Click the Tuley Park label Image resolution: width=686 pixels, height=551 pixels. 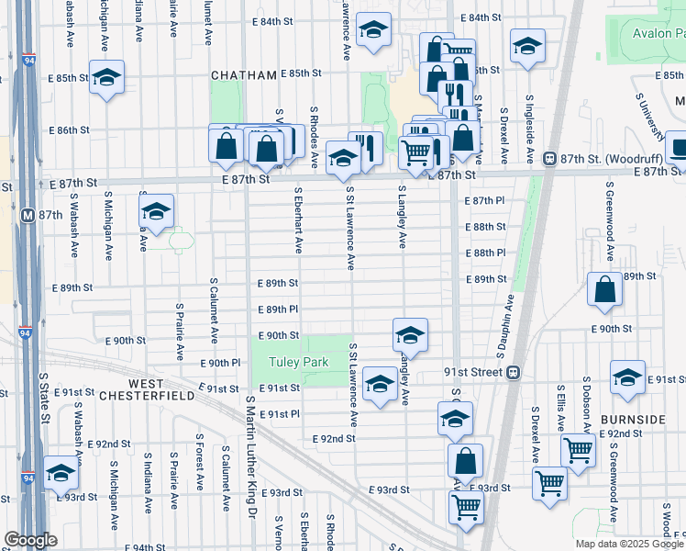[x=298, y=363]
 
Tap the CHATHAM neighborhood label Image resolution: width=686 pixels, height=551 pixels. [x=242, y=74]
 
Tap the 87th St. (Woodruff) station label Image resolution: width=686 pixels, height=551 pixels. [x=600, y=157]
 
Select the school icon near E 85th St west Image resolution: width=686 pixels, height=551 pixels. [x=106, y=77]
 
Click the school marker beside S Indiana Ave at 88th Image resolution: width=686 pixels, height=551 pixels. [x=156, y=211]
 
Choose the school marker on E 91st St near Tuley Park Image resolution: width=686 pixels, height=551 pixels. [x=379, y=383]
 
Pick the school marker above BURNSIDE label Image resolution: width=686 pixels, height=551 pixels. [x=627, y=377]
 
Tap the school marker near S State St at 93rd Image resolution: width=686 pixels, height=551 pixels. [x=61, y=473]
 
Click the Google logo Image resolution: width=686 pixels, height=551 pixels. [x=30, y=540]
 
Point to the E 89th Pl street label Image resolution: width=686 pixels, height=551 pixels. [x=280, y=310]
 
